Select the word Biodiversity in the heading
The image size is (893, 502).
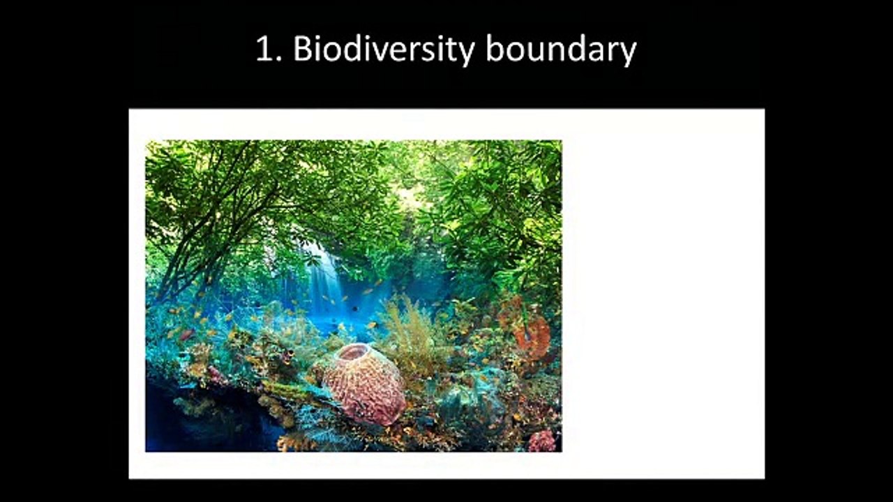pyautogui.click(x=383, y=50)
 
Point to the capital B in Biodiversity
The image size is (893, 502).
pyautogui.click(x=302, y=49)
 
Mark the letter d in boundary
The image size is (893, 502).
pyautogui.click(x=586, y=49)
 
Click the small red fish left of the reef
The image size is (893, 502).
pyautogui.click(x=186, y=335)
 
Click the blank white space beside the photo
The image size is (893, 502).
pyautogui.click(x=663, y=293)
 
